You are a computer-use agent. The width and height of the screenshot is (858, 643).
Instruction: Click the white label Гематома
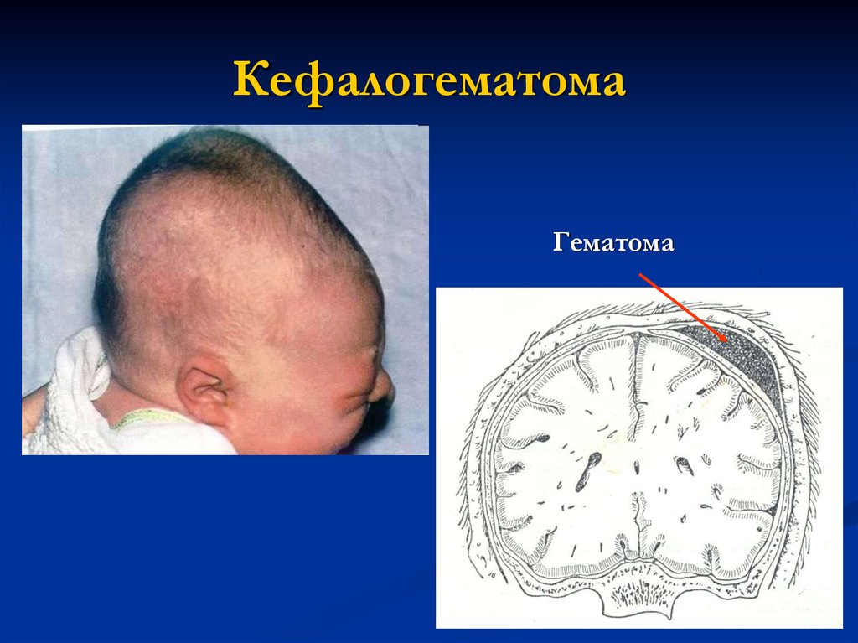pos(612,242)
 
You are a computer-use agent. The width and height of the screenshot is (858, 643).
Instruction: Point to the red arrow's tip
pos(726,340)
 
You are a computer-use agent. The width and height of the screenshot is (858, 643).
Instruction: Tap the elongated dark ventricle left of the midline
pos(587,471)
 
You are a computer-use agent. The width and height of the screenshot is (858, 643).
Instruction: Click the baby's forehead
pos(333,307)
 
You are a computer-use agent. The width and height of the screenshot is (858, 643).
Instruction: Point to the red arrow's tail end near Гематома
pos(639,274)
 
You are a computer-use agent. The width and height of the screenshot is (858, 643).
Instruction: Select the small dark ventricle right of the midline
pos(684,465)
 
